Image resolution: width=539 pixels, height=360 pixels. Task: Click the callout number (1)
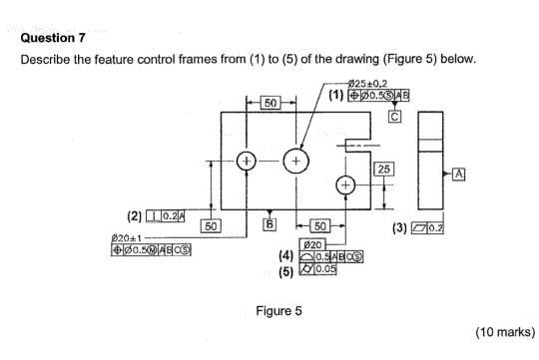pyautogui.click(x=335, y=95)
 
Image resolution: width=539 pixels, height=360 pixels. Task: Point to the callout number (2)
pyautogui.click(x=134, y=215)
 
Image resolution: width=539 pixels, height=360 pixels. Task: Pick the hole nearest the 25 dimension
pyautogui.click(x=344, y=185)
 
